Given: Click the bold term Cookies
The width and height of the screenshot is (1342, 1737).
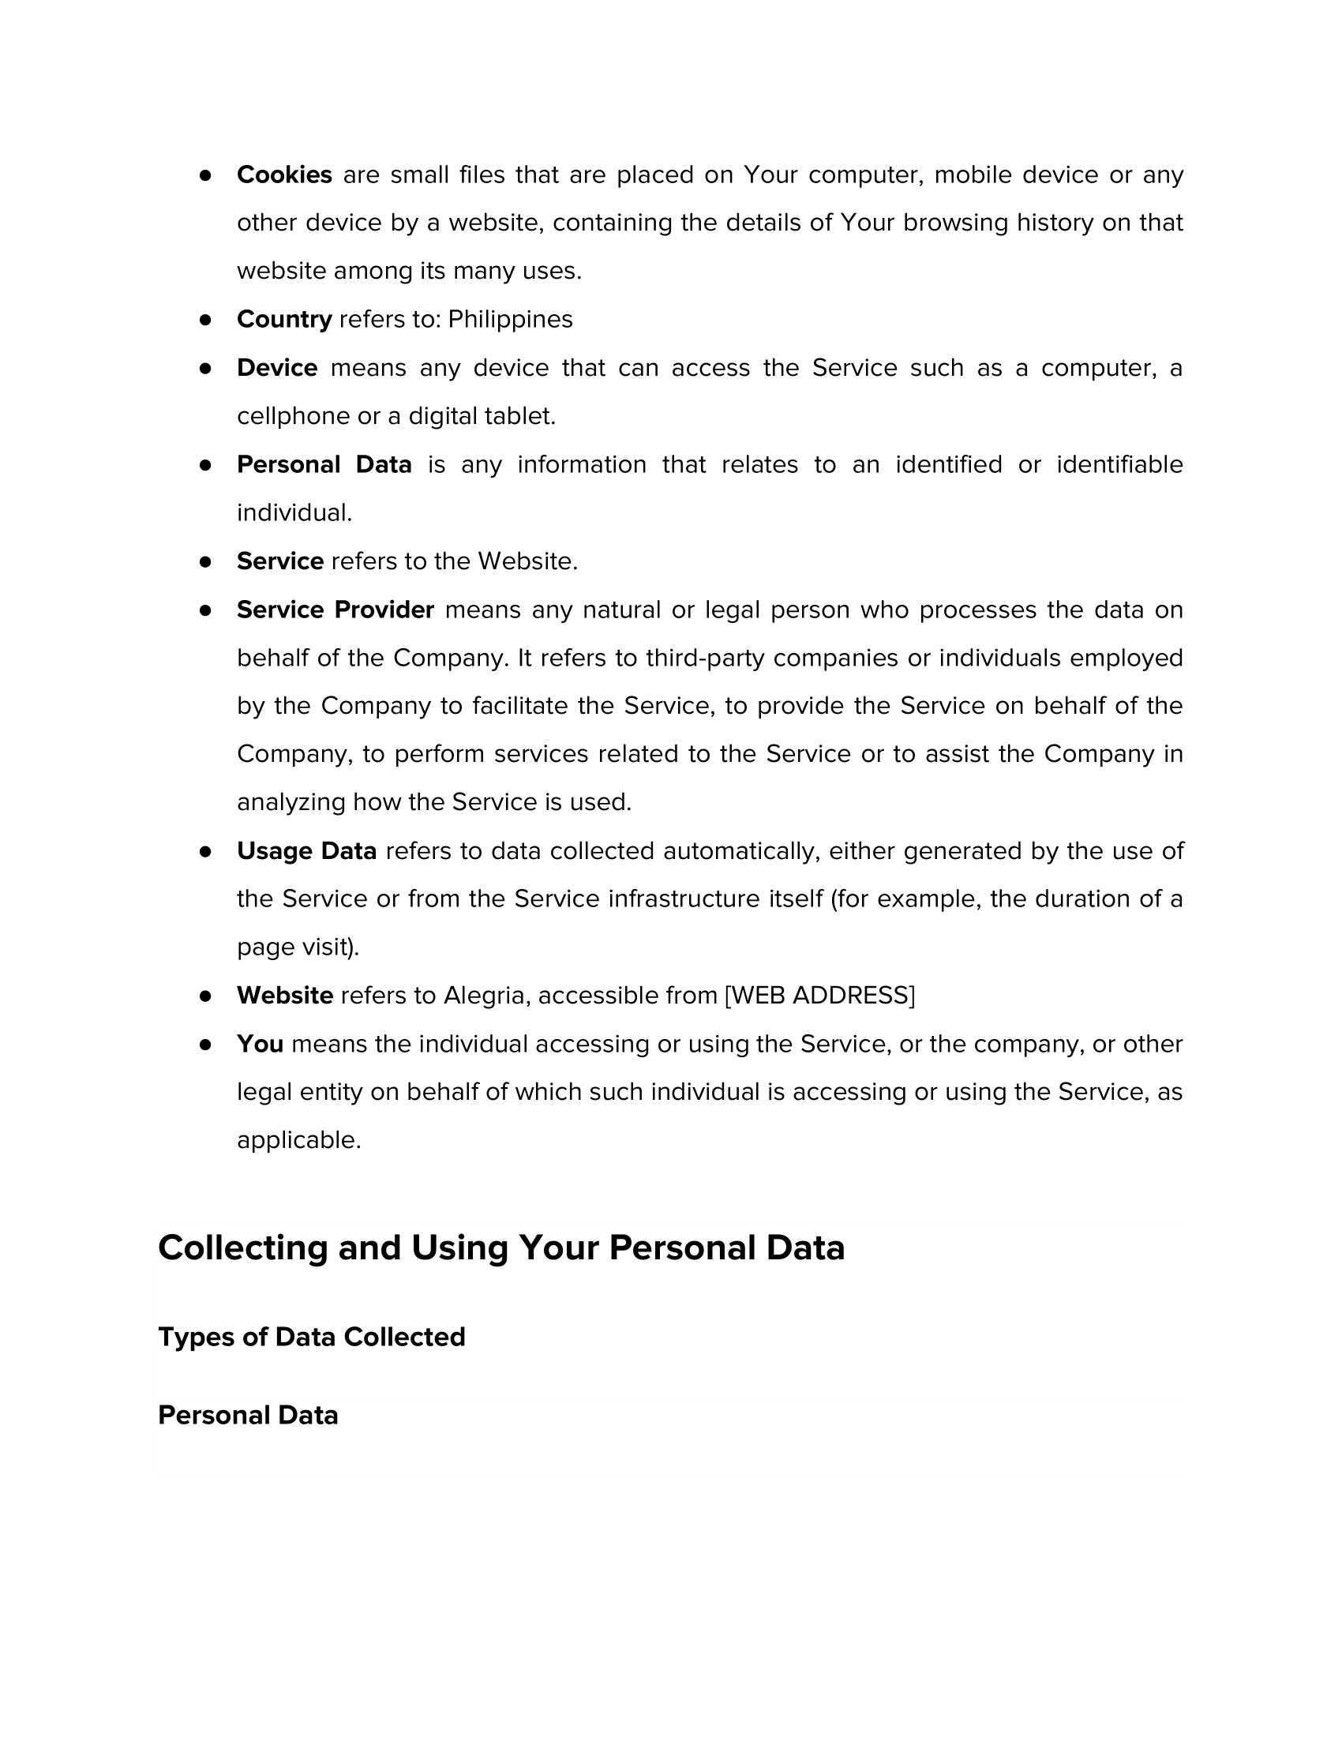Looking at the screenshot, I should point(284,175).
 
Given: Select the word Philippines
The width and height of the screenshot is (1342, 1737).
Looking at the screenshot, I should point(510,320).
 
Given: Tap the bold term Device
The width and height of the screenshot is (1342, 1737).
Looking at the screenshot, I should point(276,368).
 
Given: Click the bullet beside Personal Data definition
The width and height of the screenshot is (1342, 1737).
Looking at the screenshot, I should point(205,465).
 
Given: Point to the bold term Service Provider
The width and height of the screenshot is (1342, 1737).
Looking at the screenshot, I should point(335,610).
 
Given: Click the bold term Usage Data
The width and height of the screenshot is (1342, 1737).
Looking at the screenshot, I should point(306,851).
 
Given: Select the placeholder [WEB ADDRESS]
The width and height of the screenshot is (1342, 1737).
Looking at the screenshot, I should point(819,996).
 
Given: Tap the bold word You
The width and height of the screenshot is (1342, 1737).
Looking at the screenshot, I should point(260,1045).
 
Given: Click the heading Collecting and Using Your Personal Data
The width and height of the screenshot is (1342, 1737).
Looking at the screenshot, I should point(500,1247).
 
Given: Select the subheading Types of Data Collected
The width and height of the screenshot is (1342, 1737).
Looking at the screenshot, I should point(312,1337).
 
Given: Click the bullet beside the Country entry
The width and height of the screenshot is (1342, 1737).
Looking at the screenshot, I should point(205,320).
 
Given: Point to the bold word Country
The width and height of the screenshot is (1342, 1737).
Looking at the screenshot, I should point(284,320).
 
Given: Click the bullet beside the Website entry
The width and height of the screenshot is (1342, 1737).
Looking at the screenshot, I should point(205,996).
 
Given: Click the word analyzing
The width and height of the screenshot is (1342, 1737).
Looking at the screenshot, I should point(291,802).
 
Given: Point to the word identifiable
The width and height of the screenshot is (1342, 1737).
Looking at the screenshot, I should point(1119,465).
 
